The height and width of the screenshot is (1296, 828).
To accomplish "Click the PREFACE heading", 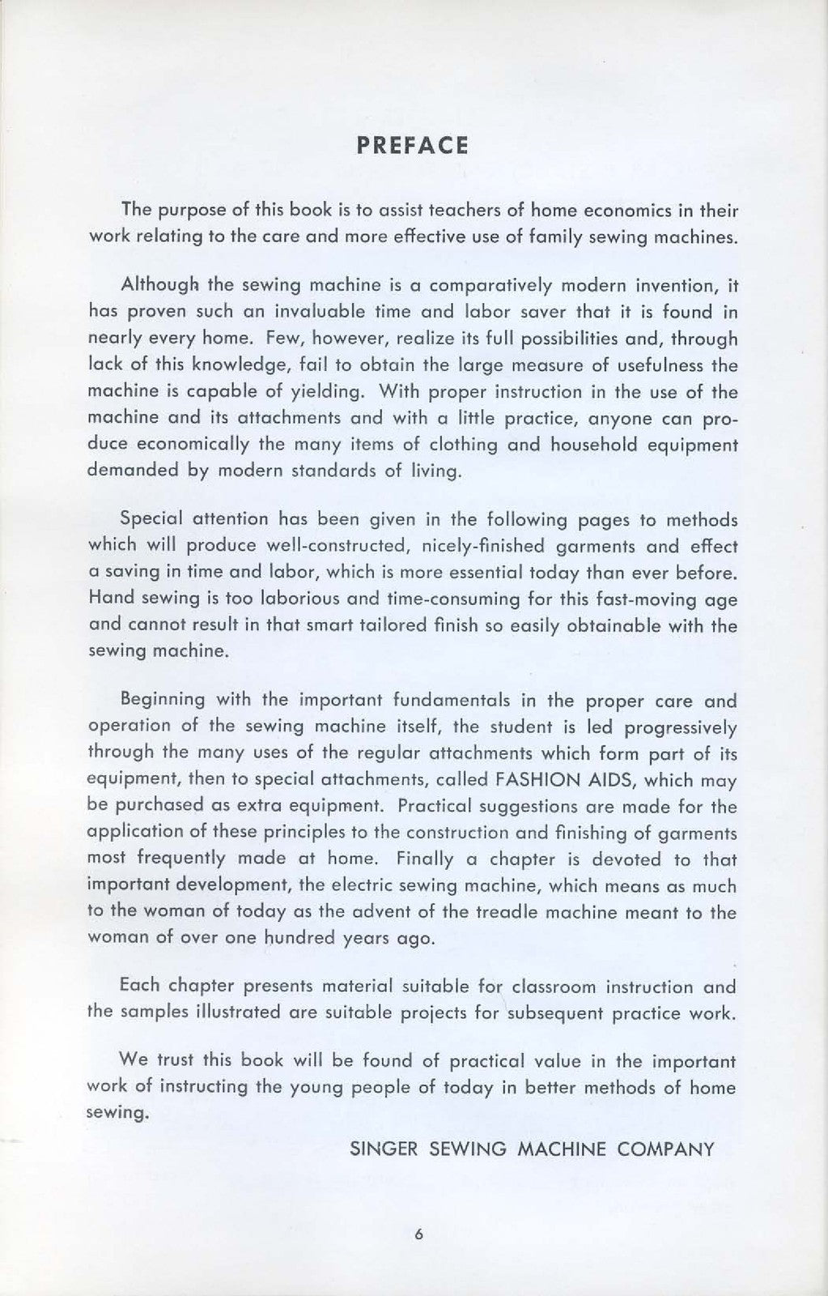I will (x=413, y=146).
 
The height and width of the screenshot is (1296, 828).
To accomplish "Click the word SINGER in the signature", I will (x=379, y=1149).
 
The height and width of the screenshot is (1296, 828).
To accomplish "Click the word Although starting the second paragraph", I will (x=159, y=286).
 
